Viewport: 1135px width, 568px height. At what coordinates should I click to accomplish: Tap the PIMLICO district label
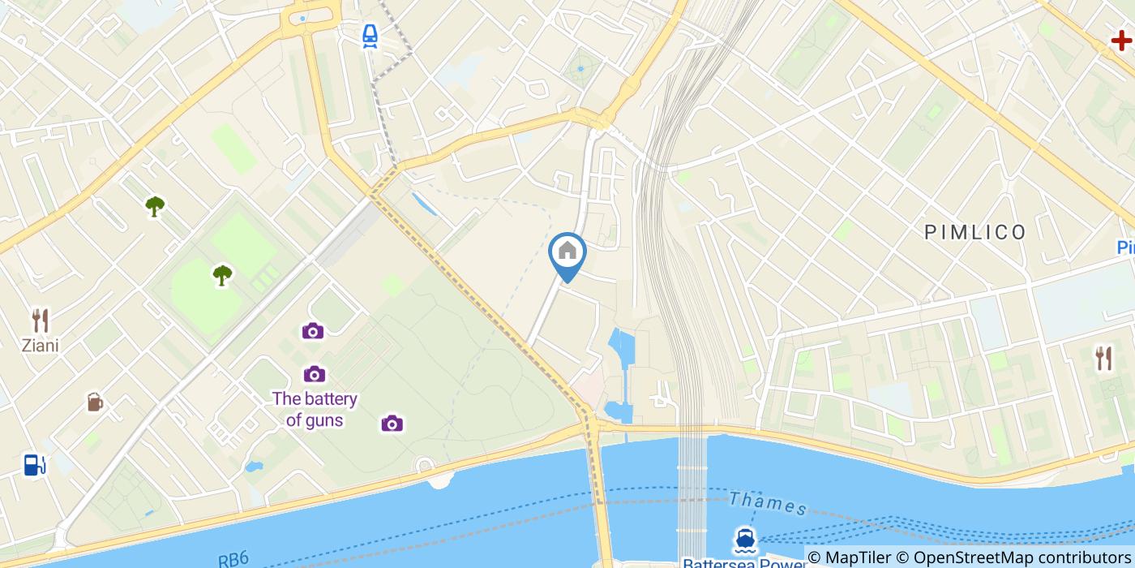pos(975,233)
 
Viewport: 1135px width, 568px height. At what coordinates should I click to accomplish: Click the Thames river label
pos(768,503)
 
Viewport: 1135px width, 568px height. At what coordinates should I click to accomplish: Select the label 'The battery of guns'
pos(315,409)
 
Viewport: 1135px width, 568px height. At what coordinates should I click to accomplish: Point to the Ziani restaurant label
pos(41,346)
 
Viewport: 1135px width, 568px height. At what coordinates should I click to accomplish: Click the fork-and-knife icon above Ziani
pos(40,321)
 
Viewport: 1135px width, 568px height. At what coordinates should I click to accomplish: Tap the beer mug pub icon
pos(95,402)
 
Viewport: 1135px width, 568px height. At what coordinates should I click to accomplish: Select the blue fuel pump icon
pos(34,464)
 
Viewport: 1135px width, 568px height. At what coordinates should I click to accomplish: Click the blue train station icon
pos(370,35)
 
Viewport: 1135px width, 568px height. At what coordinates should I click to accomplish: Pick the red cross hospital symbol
pos(1121,40)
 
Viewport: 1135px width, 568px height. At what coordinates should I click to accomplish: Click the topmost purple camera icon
pos(313,330)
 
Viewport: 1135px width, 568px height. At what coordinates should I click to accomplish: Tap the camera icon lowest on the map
pos(392,424)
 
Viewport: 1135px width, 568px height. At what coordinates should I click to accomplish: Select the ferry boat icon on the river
pos(745,540)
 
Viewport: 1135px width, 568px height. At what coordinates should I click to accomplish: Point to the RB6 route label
pos(233,559)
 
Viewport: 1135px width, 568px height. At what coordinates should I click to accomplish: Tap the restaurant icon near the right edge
pos(1103,357)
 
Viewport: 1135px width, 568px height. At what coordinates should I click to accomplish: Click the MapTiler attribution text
pos(858,557)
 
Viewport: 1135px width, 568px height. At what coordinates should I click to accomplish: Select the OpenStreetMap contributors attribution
pos(1021,557)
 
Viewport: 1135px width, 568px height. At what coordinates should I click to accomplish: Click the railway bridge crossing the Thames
pos(692,495)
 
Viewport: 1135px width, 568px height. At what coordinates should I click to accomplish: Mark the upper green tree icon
pos(155,206)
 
